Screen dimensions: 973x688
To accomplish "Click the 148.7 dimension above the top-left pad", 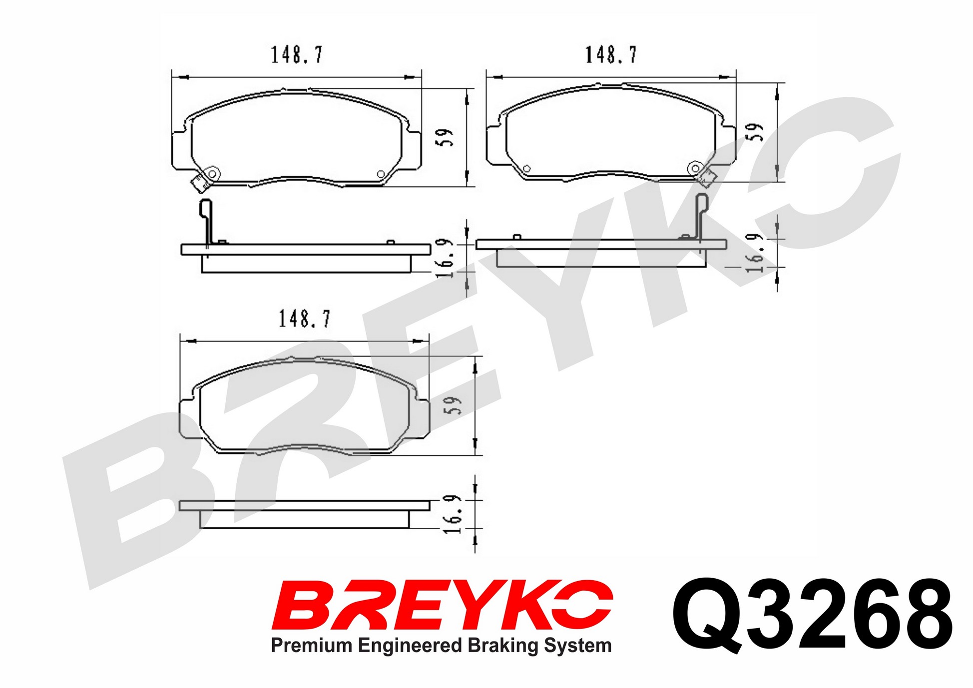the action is tap(297, 55).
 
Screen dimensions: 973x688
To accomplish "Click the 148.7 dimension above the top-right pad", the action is tap(611, 55).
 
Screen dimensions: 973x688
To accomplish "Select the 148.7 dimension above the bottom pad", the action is tap(304, 319).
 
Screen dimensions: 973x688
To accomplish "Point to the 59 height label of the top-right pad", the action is tap(755, 132).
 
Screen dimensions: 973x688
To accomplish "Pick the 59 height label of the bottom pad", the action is tap(452, 405).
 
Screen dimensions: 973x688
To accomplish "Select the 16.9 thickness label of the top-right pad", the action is tap(755, 253).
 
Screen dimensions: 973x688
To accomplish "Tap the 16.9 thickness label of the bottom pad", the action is tap(452, 515).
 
